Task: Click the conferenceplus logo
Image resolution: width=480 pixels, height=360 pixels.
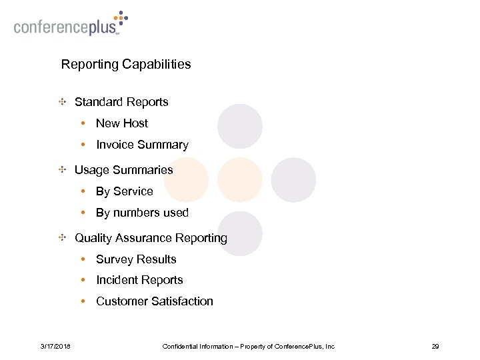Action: (x=69, y=25)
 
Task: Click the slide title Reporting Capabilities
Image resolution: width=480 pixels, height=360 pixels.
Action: (x=126, y=65)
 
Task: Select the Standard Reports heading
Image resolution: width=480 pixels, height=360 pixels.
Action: (x=121, y=102)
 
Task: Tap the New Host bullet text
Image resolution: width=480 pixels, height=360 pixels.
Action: (x=122, y=123)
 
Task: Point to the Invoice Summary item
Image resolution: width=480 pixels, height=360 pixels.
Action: (x=142, y=145)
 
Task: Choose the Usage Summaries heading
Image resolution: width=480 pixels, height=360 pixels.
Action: (x=123, y=170)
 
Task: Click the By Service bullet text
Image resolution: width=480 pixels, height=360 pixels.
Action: (x=124, y=191)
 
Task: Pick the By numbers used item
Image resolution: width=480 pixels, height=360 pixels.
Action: (x=142, y=213)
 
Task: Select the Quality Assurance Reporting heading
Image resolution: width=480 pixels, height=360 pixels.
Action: (x=151, y=238)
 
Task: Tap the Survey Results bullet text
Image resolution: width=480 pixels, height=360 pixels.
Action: (x=136, y=259)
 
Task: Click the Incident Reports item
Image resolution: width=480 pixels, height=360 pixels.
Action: (x=139, y=280)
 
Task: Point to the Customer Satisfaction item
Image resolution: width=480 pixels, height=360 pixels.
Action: (x=155, y=301)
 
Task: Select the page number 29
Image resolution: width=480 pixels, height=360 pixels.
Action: (x=435, y=346)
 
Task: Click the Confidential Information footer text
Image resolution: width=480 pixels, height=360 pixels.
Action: (x=249, y=346)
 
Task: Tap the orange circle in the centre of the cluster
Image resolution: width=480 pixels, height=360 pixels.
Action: (x=240, y=180)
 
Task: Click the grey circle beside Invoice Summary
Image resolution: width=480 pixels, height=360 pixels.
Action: (x=240, y=127)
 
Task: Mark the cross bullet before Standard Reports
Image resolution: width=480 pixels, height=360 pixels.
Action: (x=61, y=102)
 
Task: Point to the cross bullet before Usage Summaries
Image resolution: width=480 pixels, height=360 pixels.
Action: (x=61, y=170)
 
